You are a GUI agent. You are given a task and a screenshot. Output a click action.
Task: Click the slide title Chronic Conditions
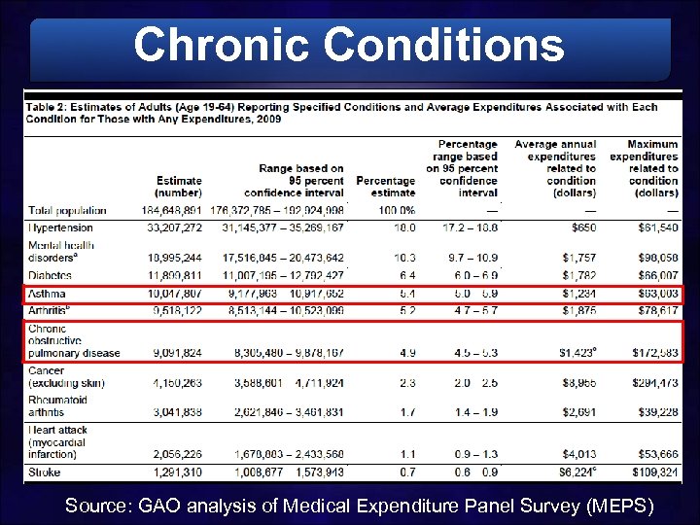349,45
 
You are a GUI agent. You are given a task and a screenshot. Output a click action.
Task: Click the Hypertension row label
59,227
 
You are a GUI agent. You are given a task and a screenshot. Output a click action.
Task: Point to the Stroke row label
45,472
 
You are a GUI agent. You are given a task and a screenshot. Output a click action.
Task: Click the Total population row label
68,210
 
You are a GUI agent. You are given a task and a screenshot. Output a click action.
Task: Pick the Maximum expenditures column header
644,168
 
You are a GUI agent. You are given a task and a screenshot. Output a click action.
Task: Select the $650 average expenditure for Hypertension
579,227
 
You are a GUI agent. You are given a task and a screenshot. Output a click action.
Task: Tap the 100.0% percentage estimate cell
397,210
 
